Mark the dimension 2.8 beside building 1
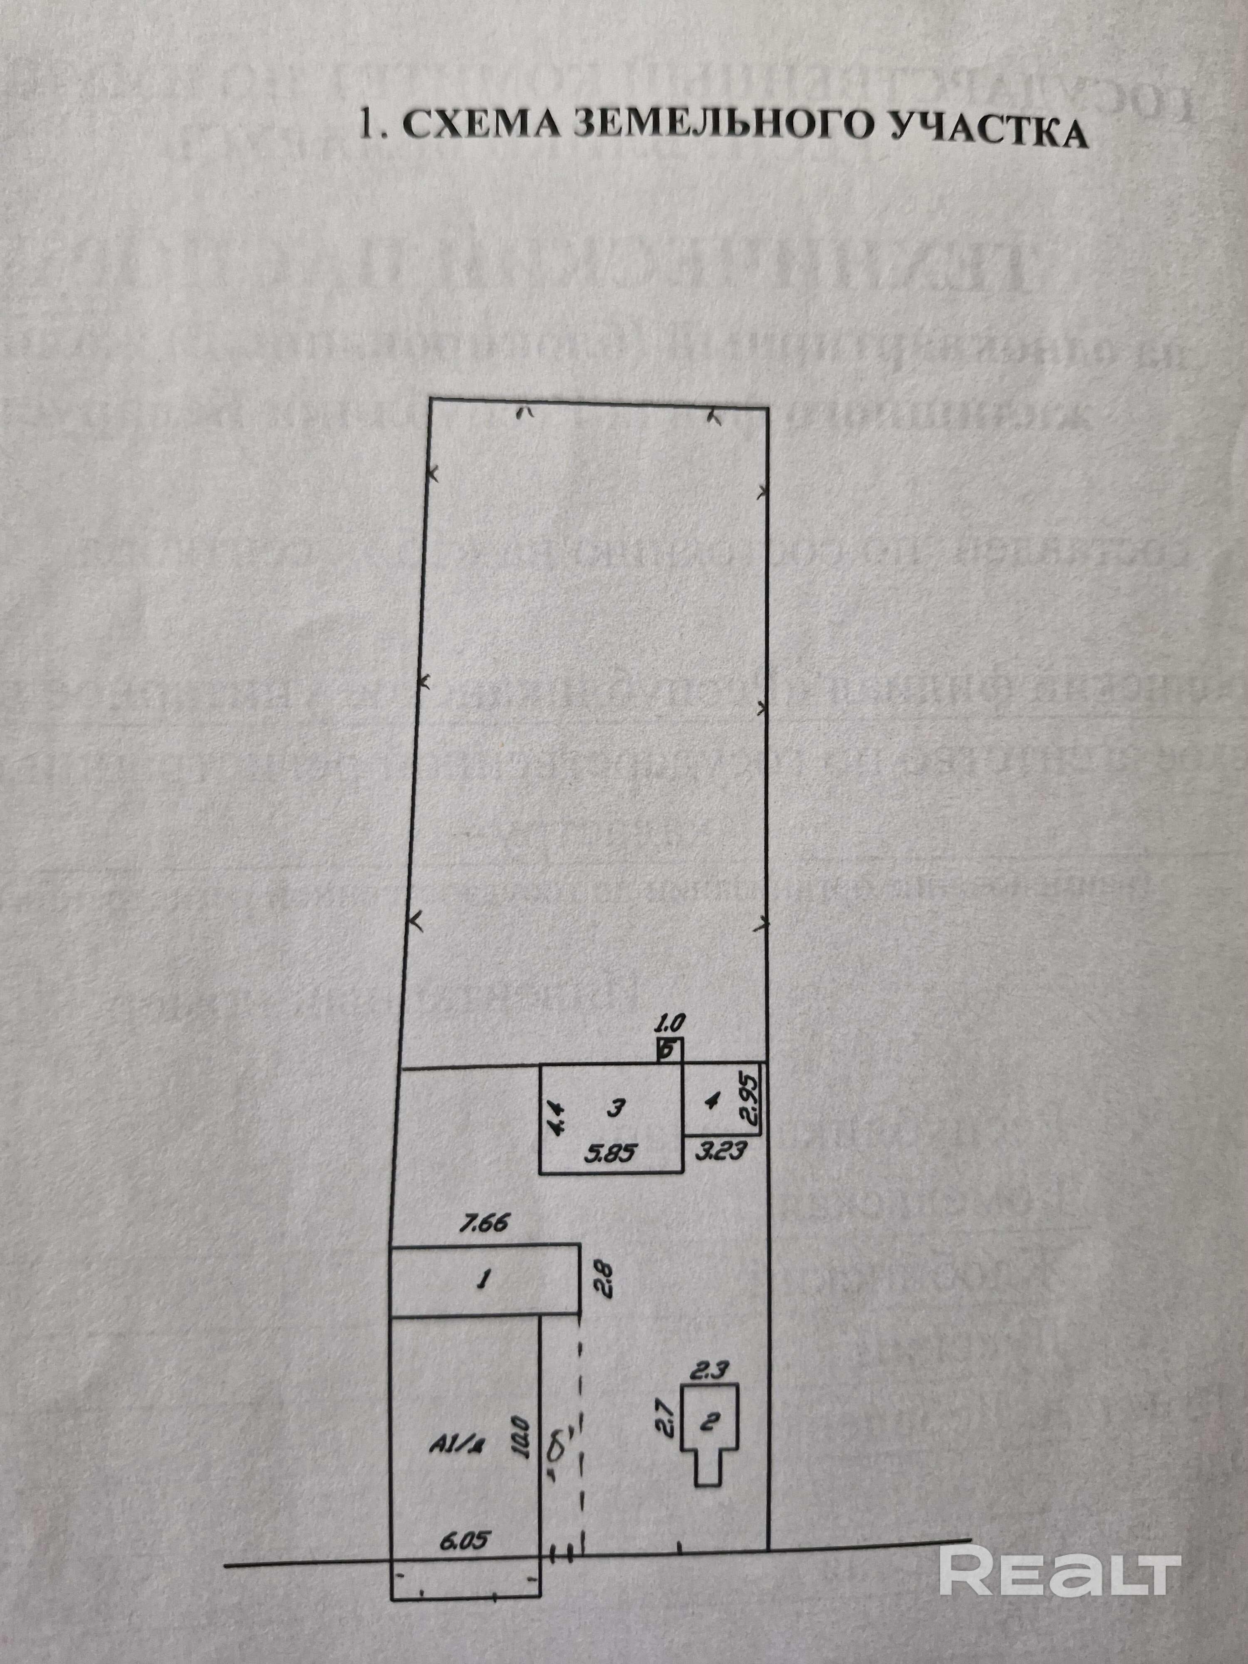point(606,1278)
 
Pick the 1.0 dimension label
point(669,1023)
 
